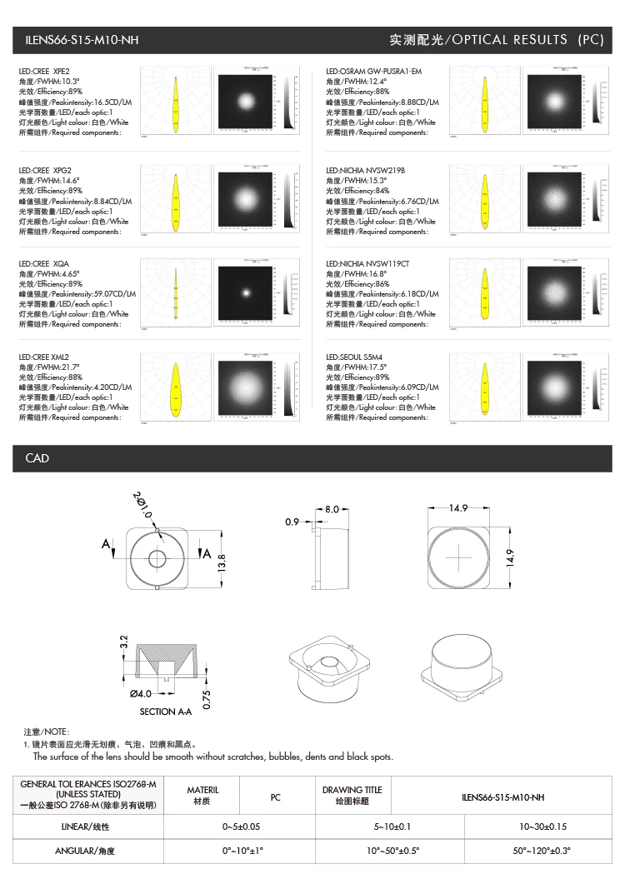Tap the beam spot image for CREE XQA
point(246,292)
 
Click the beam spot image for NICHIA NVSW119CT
point(552,292)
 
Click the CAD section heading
point(37,458)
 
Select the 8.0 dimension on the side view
point(332,508)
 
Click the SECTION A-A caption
point(166,712)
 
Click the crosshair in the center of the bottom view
point(458,557)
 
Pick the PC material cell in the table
point(276,797)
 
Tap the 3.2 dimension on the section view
point(123,643)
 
